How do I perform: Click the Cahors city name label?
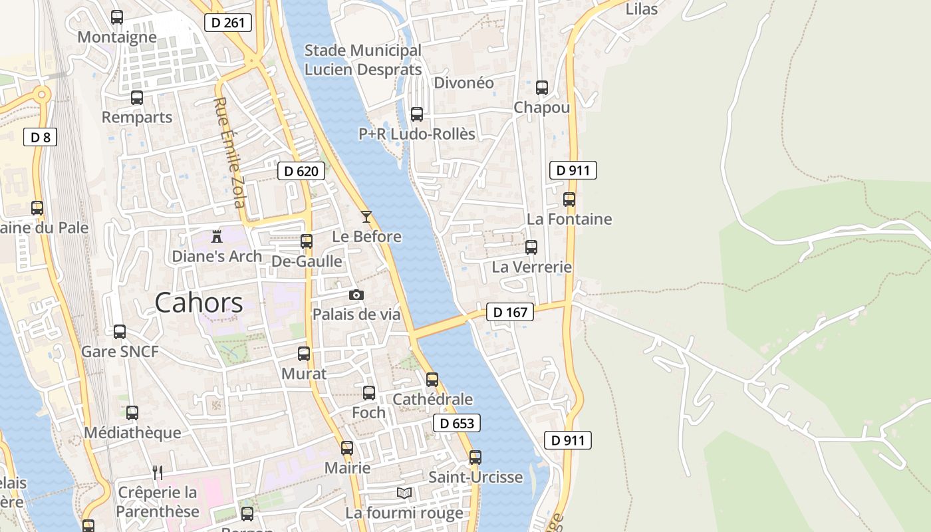pos(199,303)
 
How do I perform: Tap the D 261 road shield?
pos(228,23)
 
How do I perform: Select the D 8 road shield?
pos(40,138)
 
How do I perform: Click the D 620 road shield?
pos(301,171)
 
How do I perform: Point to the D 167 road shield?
pos(510,312)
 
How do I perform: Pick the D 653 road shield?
pos(457,423)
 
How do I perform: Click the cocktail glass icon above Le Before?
pos(366,217)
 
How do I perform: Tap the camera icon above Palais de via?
pos(356,295)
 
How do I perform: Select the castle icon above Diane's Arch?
pos(216,236)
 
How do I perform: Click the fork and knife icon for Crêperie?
pos(158,473)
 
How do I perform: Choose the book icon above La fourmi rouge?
pos(404,493)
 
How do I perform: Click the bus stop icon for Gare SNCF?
pos(120,331)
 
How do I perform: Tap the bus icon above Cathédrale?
pos(432,380)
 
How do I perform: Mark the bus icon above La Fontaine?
pos(569,199)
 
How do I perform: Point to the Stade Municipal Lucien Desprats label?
pos(363,60)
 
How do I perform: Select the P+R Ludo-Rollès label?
pos(417,134)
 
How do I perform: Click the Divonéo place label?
pos(464,83)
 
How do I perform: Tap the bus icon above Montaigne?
pos(117,17)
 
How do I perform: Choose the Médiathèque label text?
pos(132,432)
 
